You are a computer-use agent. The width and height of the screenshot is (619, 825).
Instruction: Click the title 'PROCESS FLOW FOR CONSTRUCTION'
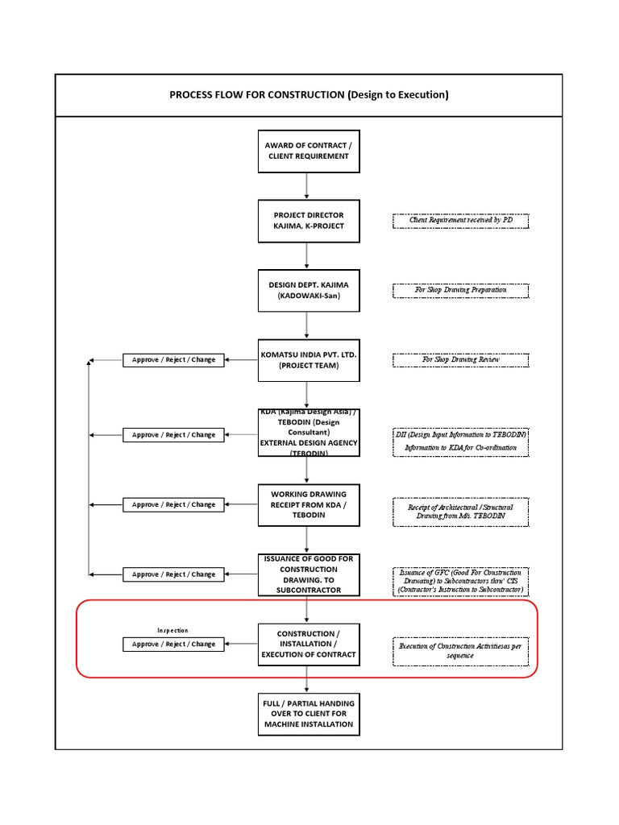(x=308, y=94)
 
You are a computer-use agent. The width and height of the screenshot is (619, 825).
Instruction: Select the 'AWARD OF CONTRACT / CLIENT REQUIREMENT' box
(x=308, y=151)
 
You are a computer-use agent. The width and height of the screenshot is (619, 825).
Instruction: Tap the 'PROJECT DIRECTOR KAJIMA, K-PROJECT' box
(x=308, y=221)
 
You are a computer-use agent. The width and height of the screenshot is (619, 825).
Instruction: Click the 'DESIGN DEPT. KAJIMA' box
(x=308, y=290)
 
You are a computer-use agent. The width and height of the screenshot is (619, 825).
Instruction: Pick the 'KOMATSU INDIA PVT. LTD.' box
(x=308, y=360)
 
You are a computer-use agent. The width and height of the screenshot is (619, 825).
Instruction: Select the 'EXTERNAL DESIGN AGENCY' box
(x=308, y=433)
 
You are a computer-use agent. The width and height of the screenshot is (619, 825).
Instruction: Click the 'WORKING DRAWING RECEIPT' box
(x=308, y=504)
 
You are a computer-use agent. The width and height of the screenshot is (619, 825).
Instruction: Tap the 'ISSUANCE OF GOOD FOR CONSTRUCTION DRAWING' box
(x=308, y=574)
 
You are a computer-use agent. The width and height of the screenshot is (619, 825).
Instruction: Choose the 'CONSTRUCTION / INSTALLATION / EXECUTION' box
(x=308, y=644)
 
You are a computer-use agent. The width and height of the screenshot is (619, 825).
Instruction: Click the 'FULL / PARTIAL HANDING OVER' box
(x=308, y=714)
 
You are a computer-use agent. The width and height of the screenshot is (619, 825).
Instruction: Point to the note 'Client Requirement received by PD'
(x=460, y=221)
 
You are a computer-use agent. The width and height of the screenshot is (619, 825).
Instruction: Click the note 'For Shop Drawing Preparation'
(x=460, y=290)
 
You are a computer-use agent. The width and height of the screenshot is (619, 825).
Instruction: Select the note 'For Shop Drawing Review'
(x=460, y=360)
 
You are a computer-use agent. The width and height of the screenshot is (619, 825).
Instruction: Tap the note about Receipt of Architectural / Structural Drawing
(x=460, y=512)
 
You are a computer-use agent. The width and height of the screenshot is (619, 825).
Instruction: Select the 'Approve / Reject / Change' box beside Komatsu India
(x=174, y=360)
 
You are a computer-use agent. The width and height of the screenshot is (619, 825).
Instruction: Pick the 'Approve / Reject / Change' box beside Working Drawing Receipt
(x=174, y=504)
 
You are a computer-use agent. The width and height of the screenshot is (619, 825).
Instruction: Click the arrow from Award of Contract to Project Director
(x=307, y=185)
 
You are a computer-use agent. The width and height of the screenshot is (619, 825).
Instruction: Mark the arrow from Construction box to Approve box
(x=242, y=644)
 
